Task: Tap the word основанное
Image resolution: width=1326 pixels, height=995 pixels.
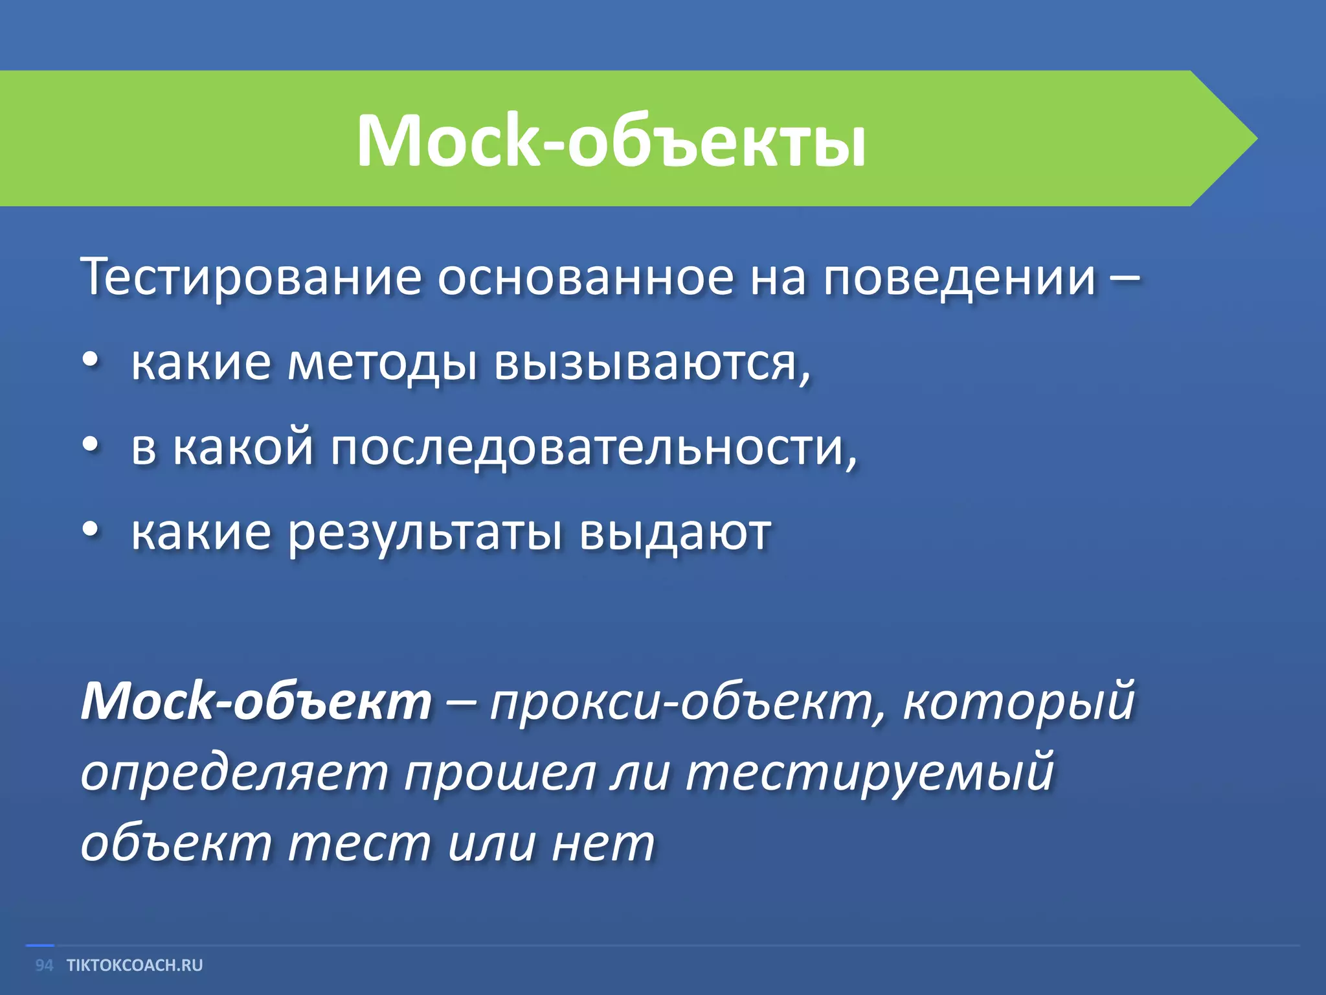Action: tap(585, 277)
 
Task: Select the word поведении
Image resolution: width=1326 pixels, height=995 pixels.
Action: tap(960, 277)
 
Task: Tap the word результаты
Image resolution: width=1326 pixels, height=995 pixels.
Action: tap(424, 534)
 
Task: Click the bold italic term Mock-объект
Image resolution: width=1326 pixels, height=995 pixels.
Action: tap(256, 702)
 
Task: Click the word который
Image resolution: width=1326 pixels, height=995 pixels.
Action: tap(1018, 702)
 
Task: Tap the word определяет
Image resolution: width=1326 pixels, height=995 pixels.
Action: tap(234, 773)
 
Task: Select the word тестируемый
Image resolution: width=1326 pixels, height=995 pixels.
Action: tap(870, 773)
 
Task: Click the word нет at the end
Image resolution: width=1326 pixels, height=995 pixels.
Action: tap(603, 845)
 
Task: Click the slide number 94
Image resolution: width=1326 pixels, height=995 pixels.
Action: tap(44, 965)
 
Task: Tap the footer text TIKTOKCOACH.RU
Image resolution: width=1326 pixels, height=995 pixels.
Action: tap(135, 965)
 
